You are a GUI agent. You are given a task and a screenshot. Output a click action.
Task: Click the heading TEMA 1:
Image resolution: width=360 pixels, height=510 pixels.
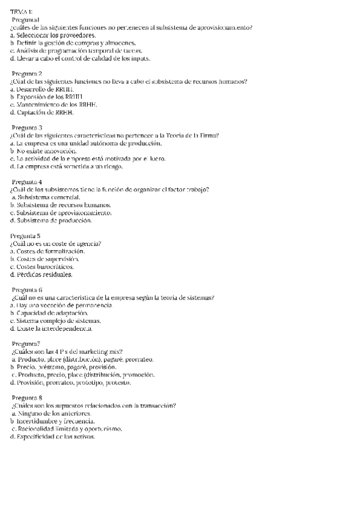(22, 12)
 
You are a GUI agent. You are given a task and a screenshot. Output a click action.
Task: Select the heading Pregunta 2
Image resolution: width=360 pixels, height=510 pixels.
(27, 73)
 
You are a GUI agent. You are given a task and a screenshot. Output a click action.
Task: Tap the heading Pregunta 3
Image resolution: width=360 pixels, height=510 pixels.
(27, 127)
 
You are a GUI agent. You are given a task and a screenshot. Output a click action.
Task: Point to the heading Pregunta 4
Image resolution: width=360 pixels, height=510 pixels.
(27, 182)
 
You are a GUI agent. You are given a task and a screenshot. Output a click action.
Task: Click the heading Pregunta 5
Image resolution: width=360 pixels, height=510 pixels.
(26, 236)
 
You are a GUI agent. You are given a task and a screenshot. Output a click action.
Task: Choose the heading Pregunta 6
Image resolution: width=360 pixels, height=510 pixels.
(27, 290)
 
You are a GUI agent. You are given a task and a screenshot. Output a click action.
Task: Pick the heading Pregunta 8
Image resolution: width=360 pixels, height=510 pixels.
(27, 398)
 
